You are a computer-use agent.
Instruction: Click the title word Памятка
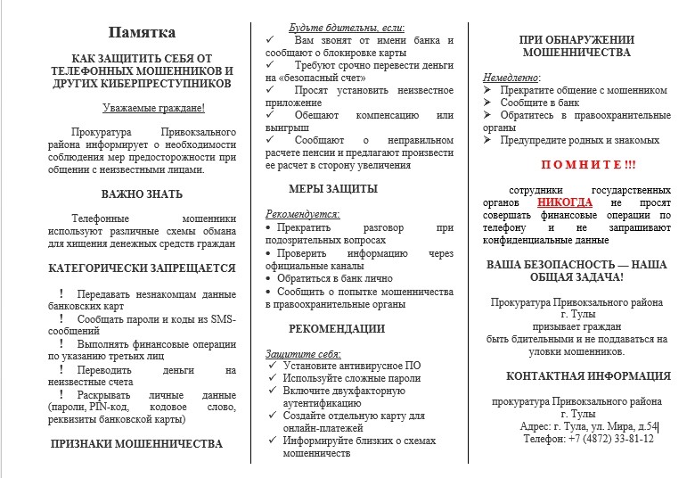pyautogui.click(x=142, y=33)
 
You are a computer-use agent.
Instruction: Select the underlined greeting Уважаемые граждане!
pyautogui.click(x=152, y=108)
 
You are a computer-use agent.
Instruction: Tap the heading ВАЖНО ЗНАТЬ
pyautogui.click(x=142, y=194)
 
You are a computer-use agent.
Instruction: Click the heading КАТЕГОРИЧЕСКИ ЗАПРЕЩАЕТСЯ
pyautogui.click(x=142, y=268)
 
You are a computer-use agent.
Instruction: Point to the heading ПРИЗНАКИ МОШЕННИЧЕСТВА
pyautogui.click(x=136, y=443)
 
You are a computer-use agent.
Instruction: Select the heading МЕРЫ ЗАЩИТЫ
pyautogui.click(x=332, y=189)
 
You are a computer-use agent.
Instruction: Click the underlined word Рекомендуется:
pyautogui.click(x=303, y=215)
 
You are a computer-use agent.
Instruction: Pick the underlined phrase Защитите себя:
pyautogui.click(x=304, y=354)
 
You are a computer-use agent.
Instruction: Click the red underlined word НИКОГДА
pyautogui.click(x=564, y=202)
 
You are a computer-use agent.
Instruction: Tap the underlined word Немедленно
pyautogui.click(x=511, y=78)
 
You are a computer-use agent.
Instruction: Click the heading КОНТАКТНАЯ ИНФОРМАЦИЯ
pyautogui.click(x=588, y=376)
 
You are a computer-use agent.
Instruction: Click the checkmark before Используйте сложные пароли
pyautogui.click(x=273, y=378)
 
